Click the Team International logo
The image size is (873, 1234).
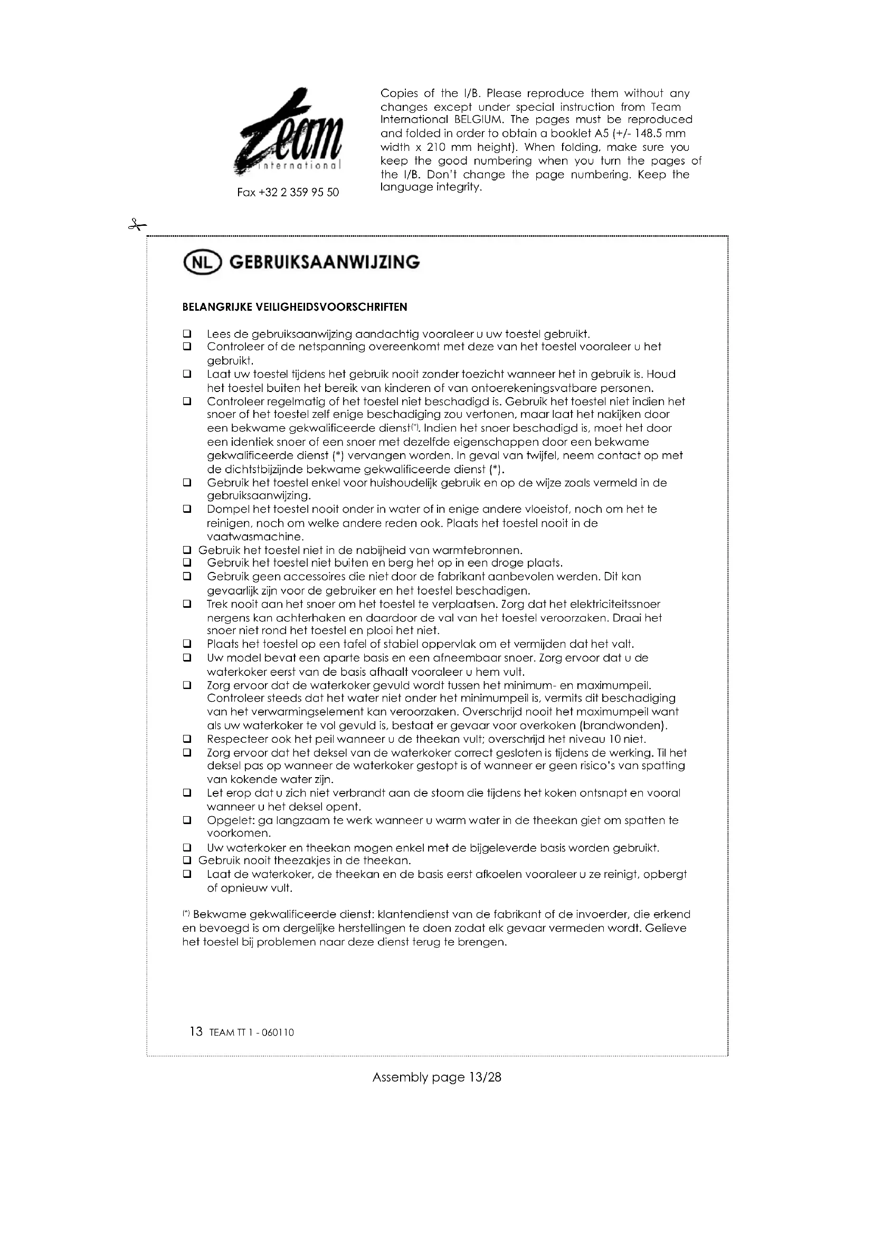[289, 132]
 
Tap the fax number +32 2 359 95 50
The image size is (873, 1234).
[288, 193]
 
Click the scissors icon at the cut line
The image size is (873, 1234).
[137, 225]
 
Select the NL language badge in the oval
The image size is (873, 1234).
[202, 262]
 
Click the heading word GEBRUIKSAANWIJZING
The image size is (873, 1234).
[324, 262]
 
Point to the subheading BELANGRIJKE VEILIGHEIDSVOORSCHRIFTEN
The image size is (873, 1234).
[295, 308]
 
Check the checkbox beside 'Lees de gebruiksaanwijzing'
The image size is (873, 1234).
[187, 334]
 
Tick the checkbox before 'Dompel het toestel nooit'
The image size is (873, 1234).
[187, 509]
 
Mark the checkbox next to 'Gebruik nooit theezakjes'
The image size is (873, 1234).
[187, 860]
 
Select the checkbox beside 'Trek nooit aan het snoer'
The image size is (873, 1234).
[187, 604]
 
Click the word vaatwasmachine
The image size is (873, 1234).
[255, 537]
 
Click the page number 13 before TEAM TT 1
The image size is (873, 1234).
[196, 1031]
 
